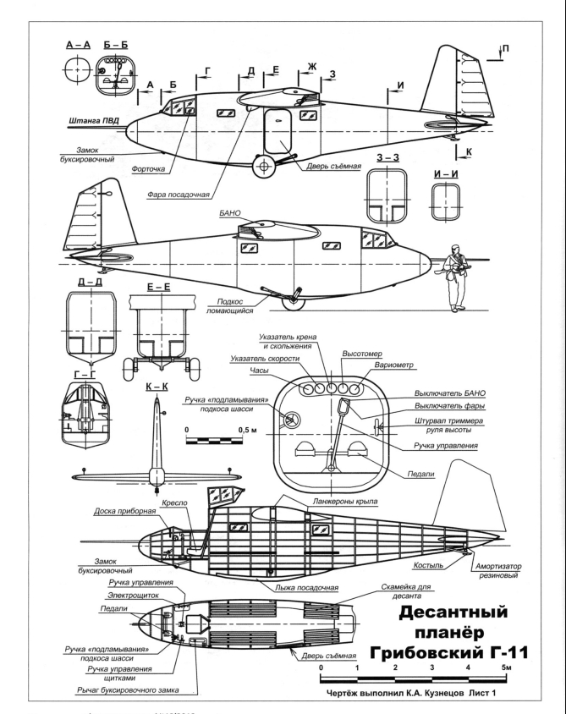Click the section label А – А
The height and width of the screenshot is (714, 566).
point(78,45)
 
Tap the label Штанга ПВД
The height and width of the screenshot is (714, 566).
point(94,121)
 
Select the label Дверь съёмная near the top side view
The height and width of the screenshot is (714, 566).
point(333,166)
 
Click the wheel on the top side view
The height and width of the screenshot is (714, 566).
point(264,167)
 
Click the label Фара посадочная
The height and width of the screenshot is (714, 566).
point(178,195)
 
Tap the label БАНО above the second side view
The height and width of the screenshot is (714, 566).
point(230,212)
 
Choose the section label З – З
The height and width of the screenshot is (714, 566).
point(387,158)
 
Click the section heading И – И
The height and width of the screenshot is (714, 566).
point(446,174)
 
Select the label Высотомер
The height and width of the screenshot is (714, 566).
point(362,354)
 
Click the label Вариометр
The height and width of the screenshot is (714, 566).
point(394,365)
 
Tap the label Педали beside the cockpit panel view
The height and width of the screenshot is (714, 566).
point(420,474)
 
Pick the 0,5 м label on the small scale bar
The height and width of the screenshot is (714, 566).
point(247,430)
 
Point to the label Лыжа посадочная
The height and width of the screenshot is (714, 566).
point(306,587)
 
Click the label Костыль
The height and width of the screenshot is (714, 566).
point(428,565)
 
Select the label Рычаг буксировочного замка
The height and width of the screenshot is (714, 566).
point(128,689)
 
